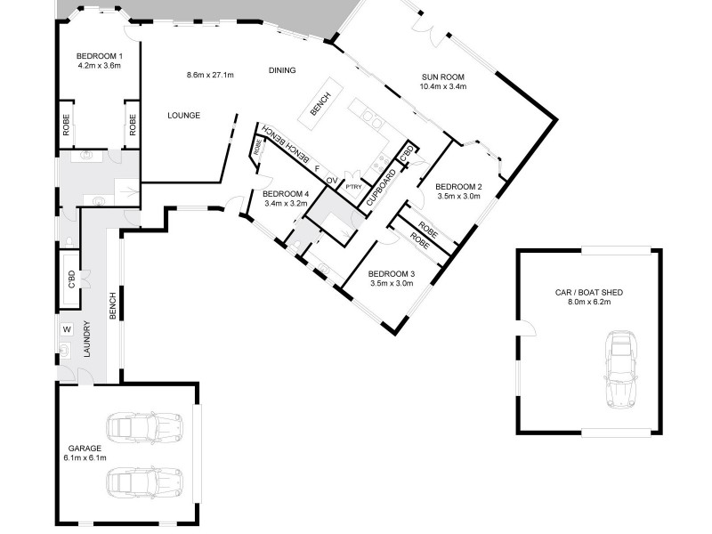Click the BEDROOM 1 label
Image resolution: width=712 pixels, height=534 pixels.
(x=100, y=56)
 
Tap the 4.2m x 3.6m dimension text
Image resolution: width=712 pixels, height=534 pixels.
(x=100, y=66)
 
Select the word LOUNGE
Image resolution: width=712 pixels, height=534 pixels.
(x=183, y=116)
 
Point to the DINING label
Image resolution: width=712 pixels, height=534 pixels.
(x=282, y=70)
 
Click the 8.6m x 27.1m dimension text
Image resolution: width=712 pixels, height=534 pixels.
(x=210, y=75)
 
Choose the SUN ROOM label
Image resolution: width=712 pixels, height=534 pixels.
(x=444, y=77)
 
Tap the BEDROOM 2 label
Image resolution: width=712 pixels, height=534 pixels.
(x=457, y=186)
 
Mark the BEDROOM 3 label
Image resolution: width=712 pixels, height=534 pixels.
(x=392, y=273)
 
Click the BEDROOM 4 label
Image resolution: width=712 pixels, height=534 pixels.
(x=286, y=194)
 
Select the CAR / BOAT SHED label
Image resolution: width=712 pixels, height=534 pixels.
(x=588, y=291)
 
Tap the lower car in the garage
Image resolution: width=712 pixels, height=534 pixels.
(x=144, y=484)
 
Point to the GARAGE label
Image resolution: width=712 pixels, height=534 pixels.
(x=85, y=449)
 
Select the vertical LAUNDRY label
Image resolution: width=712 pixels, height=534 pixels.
(x=87, y=339)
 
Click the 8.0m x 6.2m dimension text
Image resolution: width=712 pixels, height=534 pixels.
(x=588, y=302)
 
